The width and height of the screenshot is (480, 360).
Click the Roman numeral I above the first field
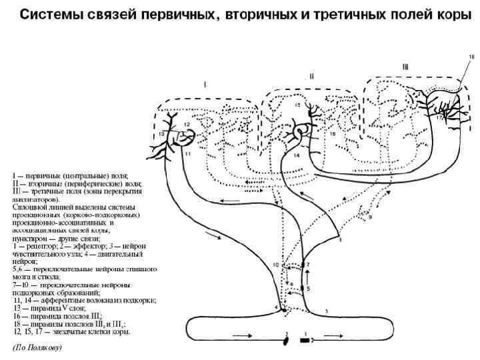coord(205,84)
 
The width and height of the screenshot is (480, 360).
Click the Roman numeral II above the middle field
coord(311,77)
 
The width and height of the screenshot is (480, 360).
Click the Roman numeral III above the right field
coord(406,67)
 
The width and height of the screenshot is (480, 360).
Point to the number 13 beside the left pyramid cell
coord(162,135)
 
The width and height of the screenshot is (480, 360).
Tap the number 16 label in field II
coord(331,134)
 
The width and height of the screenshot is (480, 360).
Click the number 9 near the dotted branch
coord(371,217)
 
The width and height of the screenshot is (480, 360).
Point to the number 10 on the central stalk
coord(276,265)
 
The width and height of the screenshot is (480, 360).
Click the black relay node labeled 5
coord(302,289)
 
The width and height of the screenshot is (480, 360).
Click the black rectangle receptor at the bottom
coord(305,340)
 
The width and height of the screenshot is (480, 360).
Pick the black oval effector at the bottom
coord(287,341)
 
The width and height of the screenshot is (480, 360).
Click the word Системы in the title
coord(47,15)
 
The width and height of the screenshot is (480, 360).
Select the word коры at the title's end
coord(453,15)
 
